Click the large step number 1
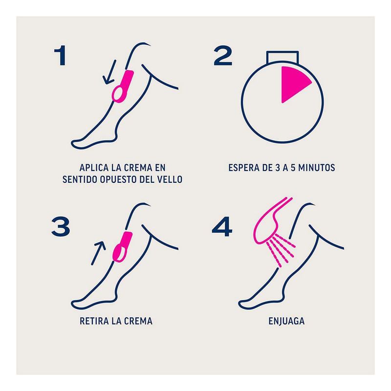(60, 55)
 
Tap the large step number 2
(223, 55)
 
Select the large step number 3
(61, 227)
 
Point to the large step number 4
(222, 227)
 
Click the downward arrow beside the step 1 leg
(109, 72)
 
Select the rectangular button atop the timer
(282, 57)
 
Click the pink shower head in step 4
(269, 222)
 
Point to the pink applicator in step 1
(123, 87)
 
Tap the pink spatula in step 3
(123, 247)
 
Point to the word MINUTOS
(317, 168)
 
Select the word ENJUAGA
(286, 321)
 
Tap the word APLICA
(94, 168)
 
